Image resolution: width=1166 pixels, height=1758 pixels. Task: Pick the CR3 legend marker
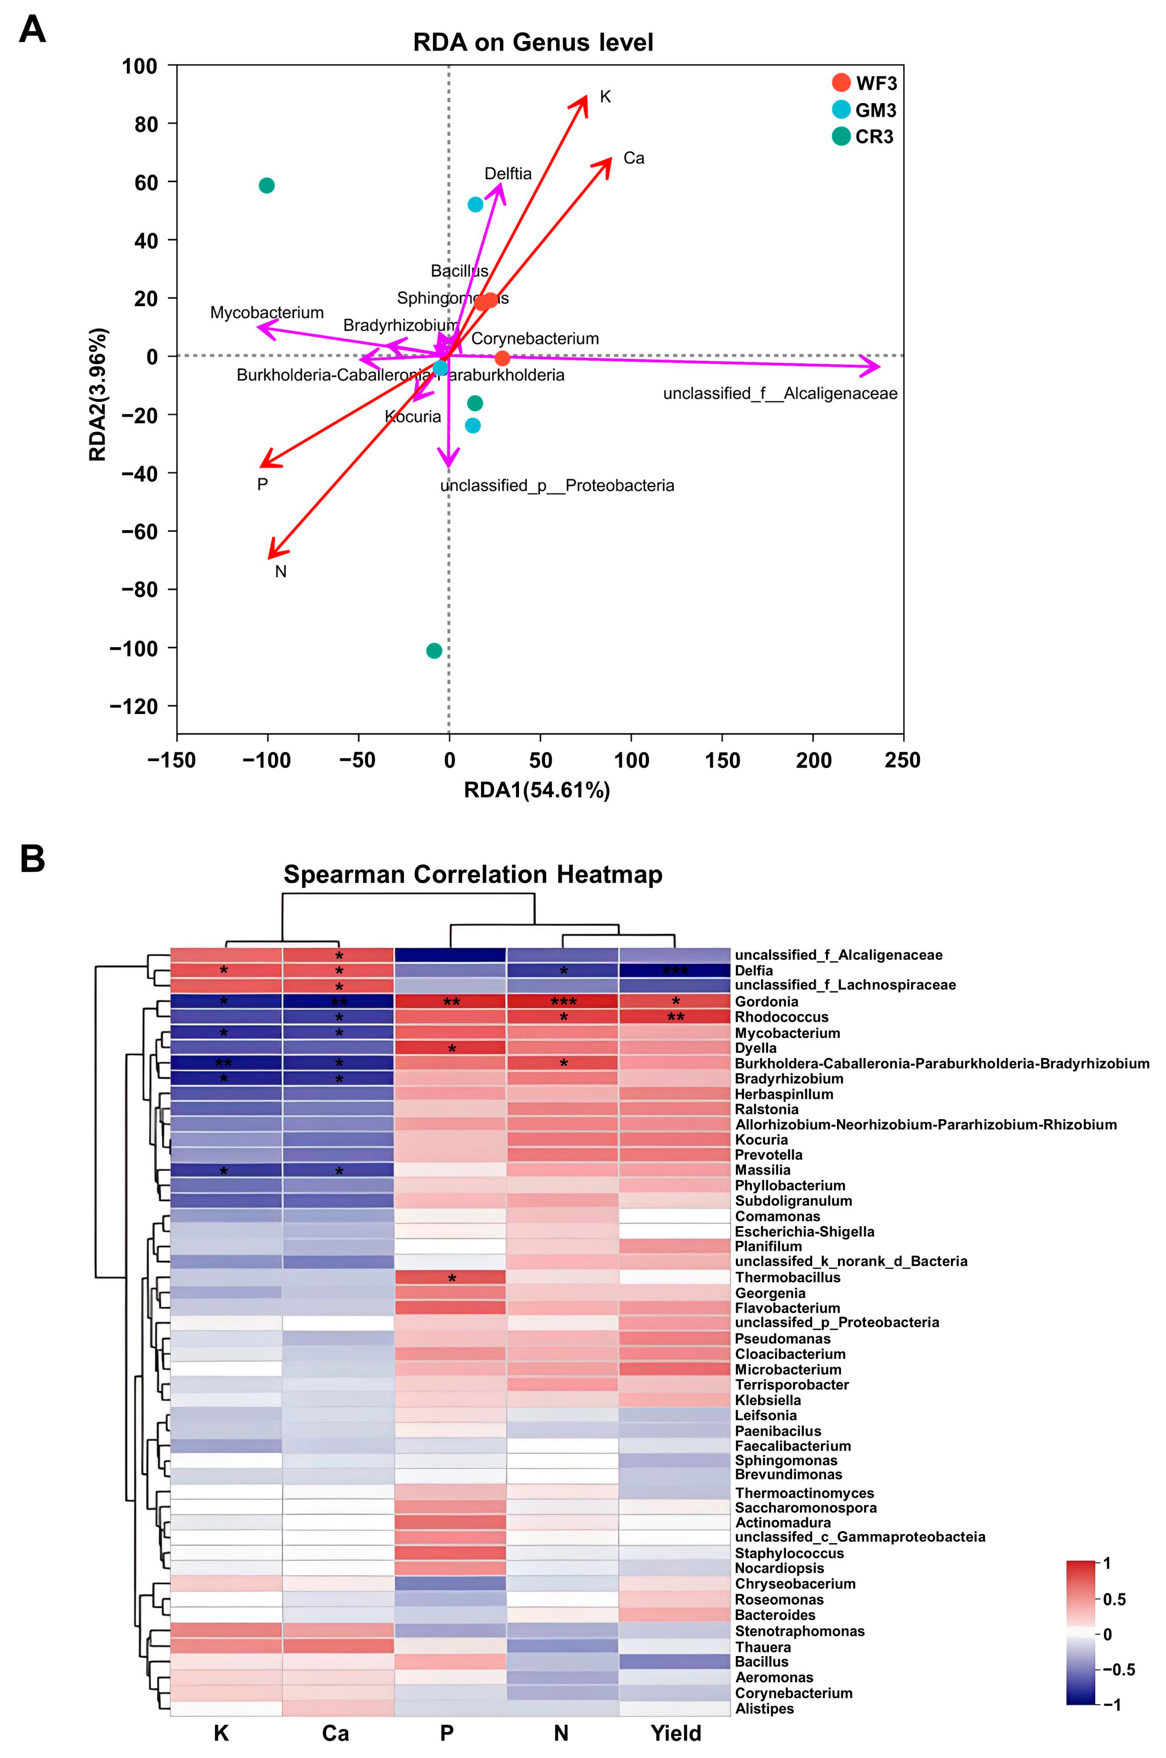(841, 136)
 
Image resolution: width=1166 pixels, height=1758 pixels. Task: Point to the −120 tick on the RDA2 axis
(134, 706)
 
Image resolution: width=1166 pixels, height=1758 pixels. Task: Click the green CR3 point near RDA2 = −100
(434, 651)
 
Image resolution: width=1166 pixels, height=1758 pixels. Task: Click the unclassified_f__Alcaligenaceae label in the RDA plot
(780, 393)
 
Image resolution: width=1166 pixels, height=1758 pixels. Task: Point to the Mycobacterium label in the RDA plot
(267, 312)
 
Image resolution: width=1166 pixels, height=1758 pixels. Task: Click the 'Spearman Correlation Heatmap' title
(473, 874)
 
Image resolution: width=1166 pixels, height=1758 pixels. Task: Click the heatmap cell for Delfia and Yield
(674, 970)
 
